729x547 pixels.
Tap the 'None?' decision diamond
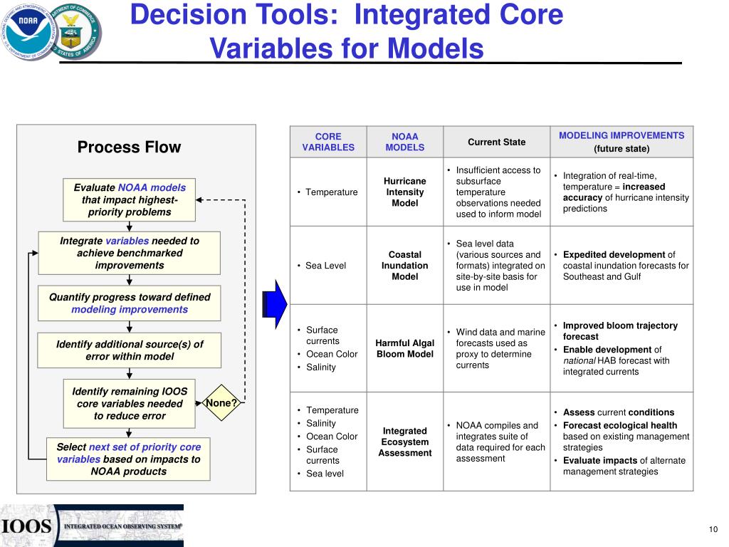(221, 403)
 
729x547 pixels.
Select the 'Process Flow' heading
(129, 147)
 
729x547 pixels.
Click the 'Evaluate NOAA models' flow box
(130, 199)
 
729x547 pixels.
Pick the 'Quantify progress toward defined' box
(130, 303)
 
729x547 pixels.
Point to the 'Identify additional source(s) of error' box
(130, 350)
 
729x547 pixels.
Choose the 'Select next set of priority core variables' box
(129, 459)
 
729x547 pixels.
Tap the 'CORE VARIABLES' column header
(328, 142)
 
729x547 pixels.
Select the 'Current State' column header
(496, 142)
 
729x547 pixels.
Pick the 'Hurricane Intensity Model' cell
(404, 192)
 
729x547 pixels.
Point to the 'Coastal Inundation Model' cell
(404, 265)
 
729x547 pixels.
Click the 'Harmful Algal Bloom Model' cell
(404, 348)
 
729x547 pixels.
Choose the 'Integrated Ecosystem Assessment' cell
(404, 442)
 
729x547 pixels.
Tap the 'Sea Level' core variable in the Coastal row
(325, 266)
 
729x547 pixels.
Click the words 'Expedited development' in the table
(614, 254)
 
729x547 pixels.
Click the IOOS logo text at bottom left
(27, 526)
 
